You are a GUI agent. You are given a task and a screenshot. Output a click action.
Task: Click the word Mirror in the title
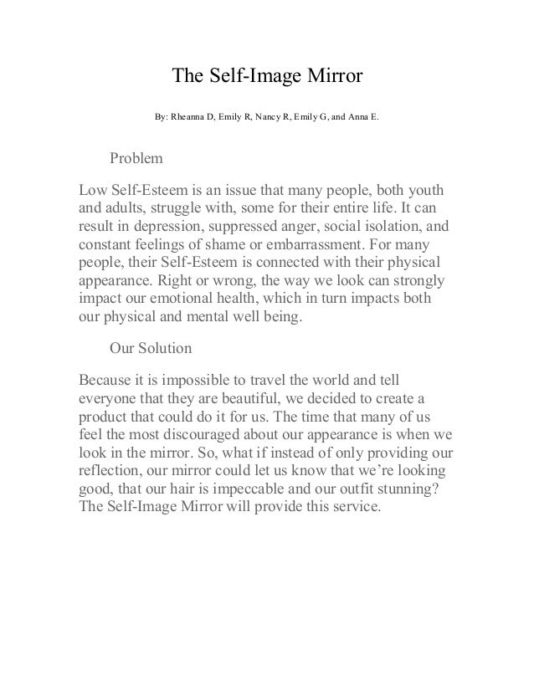pos(331,77)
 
